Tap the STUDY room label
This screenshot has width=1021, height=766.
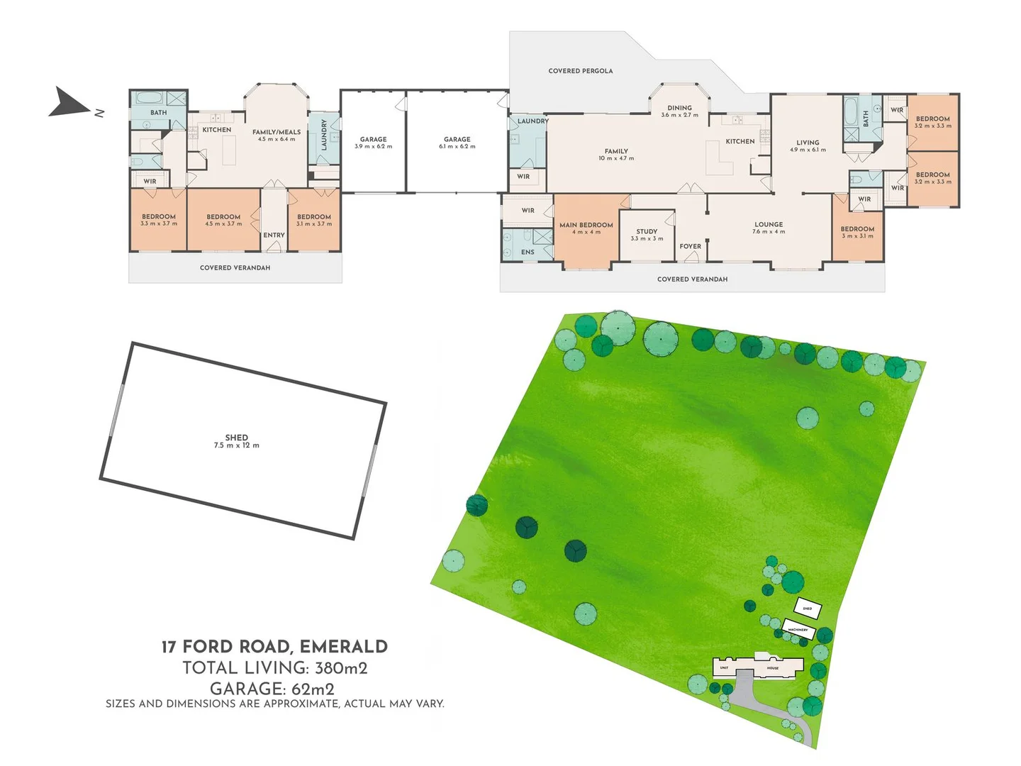tap(647, 235)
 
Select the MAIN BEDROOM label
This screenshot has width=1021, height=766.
tap(586, 228)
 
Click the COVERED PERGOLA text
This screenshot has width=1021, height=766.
tap(580, 71)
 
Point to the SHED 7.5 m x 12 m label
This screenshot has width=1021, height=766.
tap(237, 441)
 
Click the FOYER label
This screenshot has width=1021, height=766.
tap(690, 247)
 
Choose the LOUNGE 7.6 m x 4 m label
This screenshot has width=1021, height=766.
tap(769, 228)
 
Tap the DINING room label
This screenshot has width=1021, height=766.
tap(679, 111)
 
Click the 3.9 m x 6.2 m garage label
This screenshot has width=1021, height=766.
tap(373, 143)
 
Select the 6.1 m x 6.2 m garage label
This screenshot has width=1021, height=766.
tap(457, 143)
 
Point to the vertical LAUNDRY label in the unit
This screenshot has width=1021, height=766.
tap(325, 134)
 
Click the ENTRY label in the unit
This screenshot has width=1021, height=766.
tap(274, 235)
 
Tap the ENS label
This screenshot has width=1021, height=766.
tap(528, 252)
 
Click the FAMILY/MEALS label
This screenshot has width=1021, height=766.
tap(277, 135)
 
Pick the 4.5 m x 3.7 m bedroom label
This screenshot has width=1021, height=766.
tap(223, 220)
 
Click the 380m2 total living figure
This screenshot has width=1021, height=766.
tap(341, 668)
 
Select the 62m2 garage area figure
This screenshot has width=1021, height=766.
tap(313, 689)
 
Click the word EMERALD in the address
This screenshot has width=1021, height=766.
tap(344, 647)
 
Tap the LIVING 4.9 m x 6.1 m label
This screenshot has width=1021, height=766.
tap(808, 145)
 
